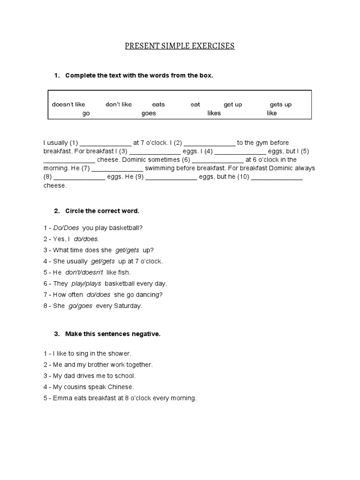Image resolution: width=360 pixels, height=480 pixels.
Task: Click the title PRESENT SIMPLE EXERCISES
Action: point(180,46)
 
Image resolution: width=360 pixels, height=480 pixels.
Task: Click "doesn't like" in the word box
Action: point(68,105)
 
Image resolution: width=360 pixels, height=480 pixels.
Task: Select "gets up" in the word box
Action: point(280,105)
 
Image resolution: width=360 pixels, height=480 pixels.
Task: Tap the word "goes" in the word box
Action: point(149,113)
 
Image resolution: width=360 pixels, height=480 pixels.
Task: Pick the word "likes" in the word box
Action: point(214,113)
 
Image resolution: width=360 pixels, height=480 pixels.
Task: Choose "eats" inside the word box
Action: point(158,105)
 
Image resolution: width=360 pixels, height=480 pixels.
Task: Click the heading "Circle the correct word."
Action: point(102,211)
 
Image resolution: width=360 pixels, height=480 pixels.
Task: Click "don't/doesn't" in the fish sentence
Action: point(84,272)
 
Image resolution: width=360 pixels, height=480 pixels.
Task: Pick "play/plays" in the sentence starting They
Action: point(86,284)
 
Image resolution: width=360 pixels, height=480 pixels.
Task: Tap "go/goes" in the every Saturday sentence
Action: point(80,306)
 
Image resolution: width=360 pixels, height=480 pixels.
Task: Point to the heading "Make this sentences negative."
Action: point(112,334)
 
